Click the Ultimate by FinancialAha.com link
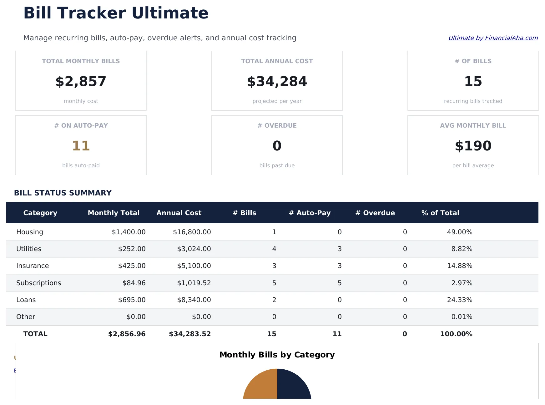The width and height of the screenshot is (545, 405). pyautogui.click(x=493, y=38)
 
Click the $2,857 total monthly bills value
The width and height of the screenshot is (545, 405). pyautogui.click(x=81, y=81)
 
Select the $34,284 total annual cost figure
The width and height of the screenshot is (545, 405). pyautogui.click(x=277, y=81)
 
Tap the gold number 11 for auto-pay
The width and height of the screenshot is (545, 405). pyautogui.click(x=81, y=146)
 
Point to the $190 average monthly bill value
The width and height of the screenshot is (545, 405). pyautogui.click(x=473, y=146)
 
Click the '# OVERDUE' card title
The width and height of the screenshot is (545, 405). pyautogui.click(x=277, y=125)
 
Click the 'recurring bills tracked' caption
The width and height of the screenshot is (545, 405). pyautogui.click(x=473, y=101)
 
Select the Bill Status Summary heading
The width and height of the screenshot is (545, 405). pyautogui.click(x=63, y=193)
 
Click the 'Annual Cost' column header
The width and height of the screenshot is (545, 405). pyautogui.click(x=179, y=213)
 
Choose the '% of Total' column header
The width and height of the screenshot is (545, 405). pyautogui.click(x=440, y=213)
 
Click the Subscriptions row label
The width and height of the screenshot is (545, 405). pyautogui.click(x=39, y=283)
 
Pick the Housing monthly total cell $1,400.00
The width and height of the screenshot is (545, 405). pyautogui.click(x=129, y=232)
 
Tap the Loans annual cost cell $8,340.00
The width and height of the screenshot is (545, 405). pyautogui.click(x=194, y=300)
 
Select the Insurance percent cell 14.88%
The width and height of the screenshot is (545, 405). pyautogui.click(x=460, y=266)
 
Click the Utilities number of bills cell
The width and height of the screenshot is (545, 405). pyautogui.click(x=274, y=249)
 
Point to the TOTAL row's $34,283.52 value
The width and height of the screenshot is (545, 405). pyautogui.click(x=190, y=334)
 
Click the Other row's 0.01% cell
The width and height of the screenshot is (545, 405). pyautogui.click(x=462, y=316)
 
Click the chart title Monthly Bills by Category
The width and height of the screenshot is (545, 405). pyautogui.click(x=277, y=355)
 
